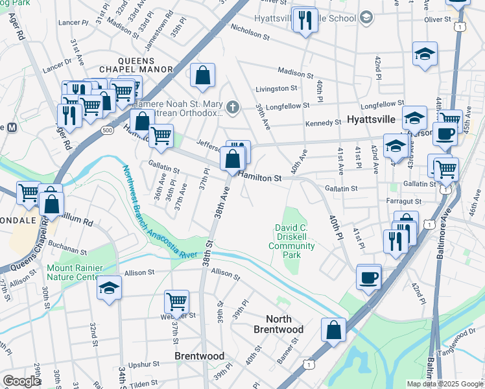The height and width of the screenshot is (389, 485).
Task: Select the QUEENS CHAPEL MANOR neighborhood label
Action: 136,69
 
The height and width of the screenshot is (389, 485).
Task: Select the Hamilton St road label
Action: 259,177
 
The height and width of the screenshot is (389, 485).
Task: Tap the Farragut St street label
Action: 403,202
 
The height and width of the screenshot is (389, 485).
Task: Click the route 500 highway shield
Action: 106,130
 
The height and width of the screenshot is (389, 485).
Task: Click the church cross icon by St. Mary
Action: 233,106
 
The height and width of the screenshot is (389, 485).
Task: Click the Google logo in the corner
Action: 21,381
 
